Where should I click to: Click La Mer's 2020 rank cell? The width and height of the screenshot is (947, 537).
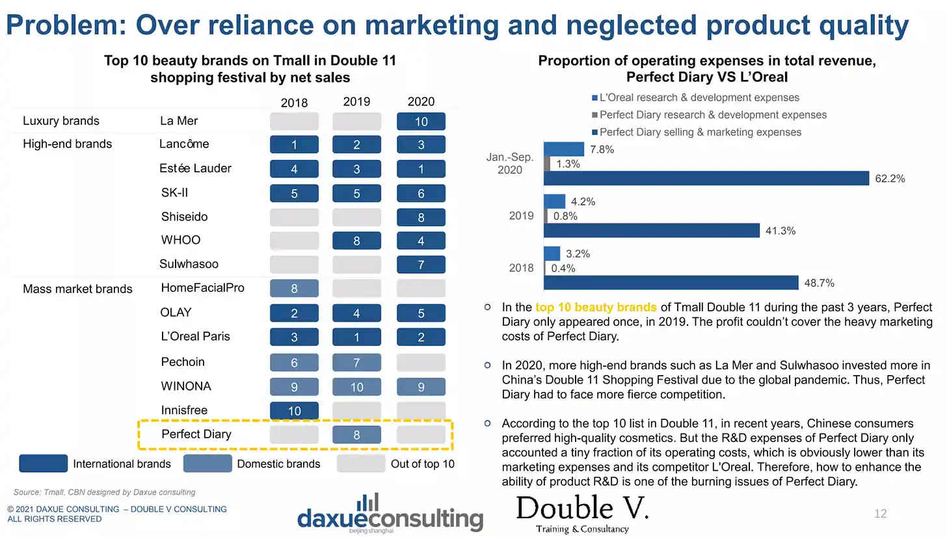[x=421, y=122]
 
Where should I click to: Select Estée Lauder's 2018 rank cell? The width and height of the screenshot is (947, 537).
[x=294, y=169]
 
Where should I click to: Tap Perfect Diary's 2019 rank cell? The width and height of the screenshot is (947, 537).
[x=356, y=435]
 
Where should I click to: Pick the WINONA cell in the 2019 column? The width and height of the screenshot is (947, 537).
[x=356, y=387]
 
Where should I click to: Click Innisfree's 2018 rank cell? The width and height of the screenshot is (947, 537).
[x=294, y=411]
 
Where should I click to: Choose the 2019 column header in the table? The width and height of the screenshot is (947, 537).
[x=356, y=101]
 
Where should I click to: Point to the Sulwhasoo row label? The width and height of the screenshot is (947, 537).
[x=189, y=264]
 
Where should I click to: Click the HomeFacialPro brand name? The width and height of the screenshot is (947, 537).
[x=202, y=288]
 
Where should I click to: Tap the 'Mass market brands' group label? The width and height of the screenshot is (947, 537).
[x=77, y=289]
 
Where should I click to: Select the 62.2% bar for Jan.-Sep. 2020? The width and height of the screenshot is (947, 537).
[x=706, y=178]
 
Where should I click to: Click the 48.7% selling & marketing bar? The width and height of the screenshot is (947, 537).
[x=671, y=283]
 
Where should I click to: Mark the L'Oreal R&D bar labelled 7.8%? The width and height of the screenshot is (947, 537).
[x=564, y=149]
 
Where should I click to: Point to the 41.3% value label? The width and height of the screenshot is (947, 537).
[x=780, y=231]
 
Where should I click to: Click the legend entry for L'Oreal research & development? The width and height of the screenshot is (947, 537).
[x=695, y=98]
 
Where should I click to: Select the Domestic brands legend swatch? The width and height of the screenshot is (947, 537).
[x=207, y=464]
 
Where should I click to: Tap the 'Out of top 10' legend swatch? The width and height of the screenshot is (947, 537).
[x=360, y=464]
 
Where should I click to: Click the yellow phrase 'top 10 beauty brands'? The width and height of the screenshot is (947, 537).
[x=596, y=307]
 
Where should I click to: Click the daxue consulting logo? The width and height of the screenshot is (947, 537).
[x=390, y=513]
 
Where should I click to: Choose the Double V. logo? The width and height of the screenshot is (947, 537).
[x=582, y=514]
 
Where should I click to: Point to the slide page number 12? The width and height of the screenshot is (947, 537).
[x=880, y=514]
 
